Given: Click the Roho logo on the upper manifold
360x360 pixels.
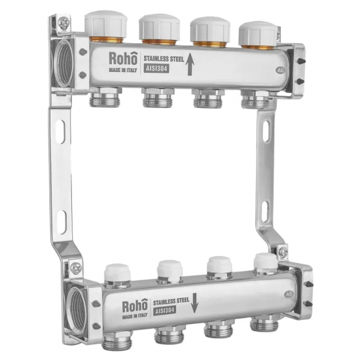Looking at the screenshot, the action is tap(123, 58).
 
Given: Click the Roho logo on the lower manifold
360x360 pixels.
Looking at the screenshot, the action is tap(135, 305).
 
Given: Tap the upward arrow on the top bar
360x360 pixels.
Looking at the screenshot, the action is tap(190, 64).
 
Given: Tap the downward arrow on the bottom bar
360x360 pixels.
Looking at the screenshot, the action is tap(194, 303).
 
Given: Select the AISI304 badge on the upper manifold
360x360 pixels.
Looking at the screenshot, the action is tap(156, 69).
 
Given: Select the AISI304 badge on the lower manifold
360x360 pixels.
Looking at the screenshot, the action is tap(164, 311).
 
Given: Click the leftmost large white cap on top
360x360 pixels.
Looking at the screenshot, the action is tap(106, 24).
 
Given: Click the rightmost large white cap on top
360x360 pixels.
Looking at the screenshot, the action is tap(258, 33).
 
